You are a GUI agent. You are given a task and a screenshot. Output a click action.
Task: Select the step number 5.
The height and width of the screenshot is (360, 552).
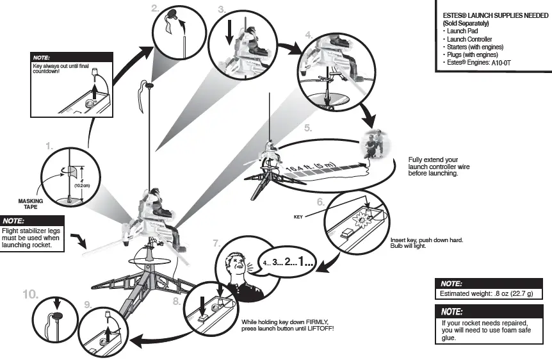click(x=308, y=127)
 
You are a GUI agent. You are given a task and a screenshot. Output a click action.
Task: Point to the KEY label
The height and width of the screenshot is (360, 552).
click(x=298, y=217)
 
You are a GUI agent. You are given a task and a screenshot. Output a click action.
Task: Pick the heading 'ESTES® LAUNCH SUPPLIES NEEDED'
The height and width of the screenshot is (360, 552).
click(x=492, y=15)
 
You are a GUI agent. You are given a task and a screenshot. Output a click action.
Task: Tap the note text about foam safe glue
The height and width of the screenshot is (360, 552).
click(x=485, y=331)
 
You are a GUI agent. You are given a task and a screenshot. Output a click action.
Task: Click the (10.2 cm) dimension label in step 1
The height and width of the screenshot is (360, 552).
click(x=82, y=184)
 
